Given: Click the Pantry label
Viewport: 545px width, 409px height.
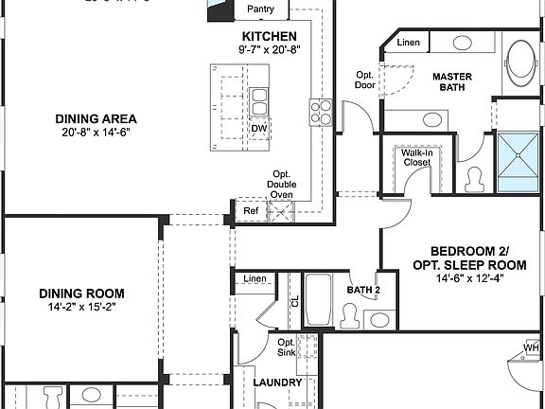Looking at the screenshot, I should (260, 9).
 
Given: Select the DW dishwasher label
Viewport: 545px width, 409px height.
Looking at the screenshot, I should (258, 129).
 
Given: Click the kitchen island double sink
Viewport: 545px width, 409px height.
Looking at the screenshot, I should (258, 99).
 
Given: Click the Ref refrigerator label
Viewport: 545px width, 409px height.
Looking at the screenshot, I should (251, 210).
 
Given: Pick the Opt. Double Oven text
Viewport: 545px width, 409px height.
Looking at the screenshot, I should (281, 185).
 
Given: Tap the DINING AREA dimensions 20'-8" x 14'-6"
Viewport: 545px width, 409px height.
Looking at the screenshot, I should (96, 133).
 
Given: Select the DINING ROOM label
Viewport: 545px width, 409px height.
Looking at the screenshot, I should (81, 293).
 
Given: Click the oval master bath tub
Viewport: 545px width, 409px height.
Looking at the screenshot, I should (519, 63).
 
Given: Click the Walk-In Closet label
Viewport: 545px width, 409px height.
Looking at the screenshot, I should (415, 157).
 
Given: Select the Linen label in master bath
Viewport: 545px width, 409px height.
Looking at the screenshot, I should (409, 43).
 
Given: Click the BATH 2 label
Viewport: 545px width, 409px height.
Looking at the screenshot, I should (362, 290).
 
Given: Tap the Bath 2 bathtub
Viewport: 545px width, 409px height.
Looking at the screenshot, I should (318, 301).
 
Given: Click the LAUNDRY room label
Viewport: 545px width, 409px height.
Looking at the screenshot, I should (278, 382).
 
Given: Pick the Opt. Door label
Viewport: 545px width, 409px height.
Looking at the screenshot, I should (364, 80).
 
